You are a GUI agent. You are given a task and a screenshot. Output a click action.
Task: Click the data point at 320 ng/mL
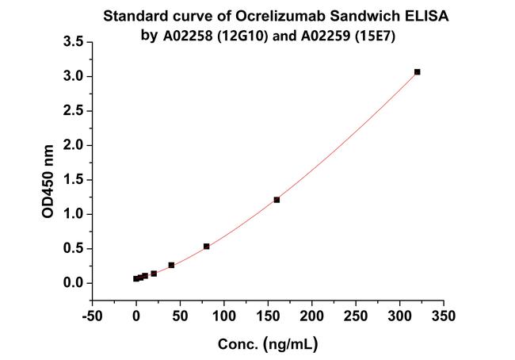click(417, 72)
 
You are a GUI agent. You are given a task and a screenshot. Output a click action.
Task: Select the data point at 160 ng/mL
click(277, 200)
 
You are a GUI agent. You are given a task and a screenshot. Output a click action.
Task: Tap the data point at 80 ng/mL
click(206, 247)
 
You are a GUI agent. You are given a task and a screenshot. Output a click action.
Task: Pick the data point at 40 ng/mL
click(171, 265)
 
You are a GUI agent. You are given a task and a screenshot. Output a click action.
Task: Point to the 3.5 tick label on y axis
click(73, 42)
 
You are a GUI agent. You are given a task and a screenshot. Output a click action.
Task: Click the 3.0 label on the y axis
click(73, 76)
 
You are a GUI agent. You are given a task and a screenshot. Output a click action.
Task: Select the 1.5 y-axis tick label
click(73, 179)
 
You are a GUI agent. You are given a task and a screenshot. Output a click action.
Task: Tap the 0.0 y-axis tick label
click(73, 283)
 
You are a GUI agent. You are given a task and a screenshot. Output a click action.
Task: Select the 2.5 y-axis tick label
click(73, 111)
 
